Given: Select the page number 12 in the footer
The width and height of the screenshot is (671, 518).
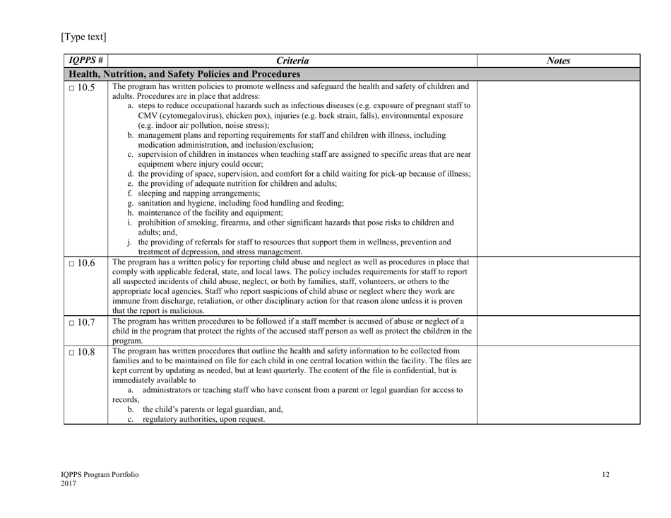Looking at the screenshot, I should pyautogui.click(x=605, y=475).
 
